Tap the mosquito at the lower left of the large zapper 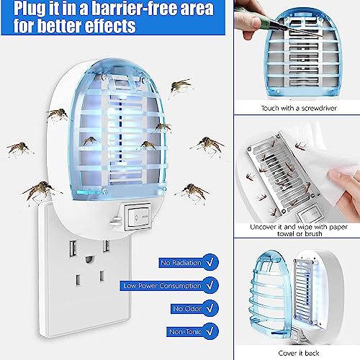coord(40,192)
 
